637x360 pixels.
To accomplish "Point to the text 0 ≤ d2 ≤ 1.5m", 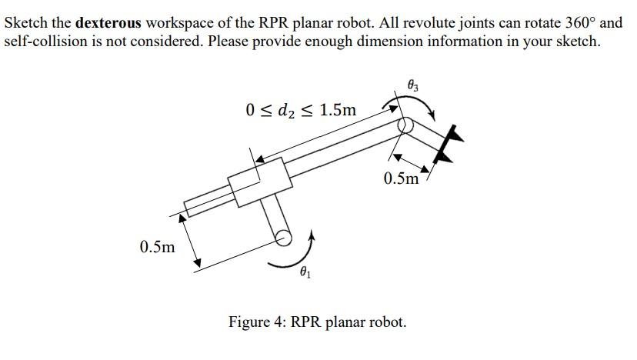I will click(x=302, y=110).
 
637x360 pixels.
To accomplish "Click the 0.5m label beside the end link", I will click(x=401, y=179).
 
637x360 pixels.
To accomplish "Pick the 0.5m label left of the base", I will click(x=158, y=248).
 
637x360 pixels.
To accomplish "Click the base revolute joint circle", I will click(x=282, y=238).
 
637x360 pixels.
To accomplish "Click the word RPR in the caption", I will click(x=307, y=322).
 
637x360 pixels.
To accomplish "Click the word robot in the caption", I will click(x=389, y=322).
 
